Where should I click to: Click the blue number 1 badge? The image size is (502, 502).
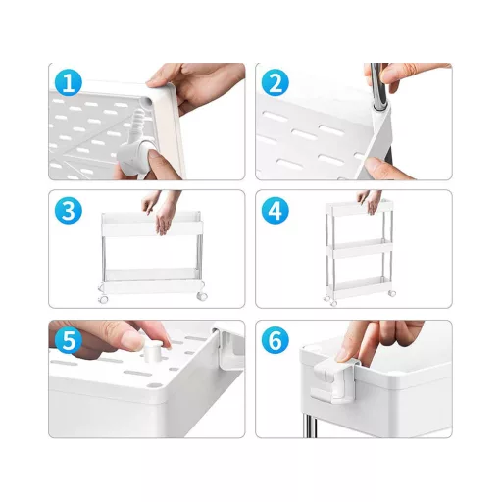69,82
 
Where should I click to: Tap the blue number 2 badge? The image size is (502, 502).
276,82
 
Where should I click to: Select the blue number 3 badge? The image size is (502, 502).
69,211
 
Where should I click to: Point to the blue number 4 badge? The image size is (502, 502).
276,211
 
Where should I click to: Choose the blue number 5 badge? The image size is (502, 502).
69,340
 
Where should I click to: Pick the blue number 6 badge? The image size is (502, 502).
276,340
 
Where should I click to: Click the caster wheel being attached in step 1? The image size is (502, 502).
134,156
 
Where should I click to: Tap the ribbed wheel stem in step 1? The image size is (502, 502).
138,122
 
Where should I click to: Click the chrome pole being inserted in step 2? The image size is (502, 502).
379,86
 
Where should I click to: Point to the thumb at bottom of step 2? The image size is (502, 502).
381,168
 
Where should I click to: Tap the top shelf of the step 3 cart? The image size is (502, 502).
152,224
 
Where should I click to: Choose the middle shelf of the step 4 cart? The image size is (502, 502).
360,248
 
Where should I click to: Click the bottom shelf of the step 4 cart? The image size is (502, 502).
360,287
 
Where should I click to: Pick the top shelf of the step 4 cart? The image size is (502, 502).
360,208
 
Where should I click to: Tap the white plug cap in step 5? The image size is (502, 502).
153,350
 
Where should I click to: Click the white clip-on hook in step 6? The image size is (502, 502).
333,379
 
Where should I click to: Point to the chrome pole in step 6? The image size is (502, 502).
310,425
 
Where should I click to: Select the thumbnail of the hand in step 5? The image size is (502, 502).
133,340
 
